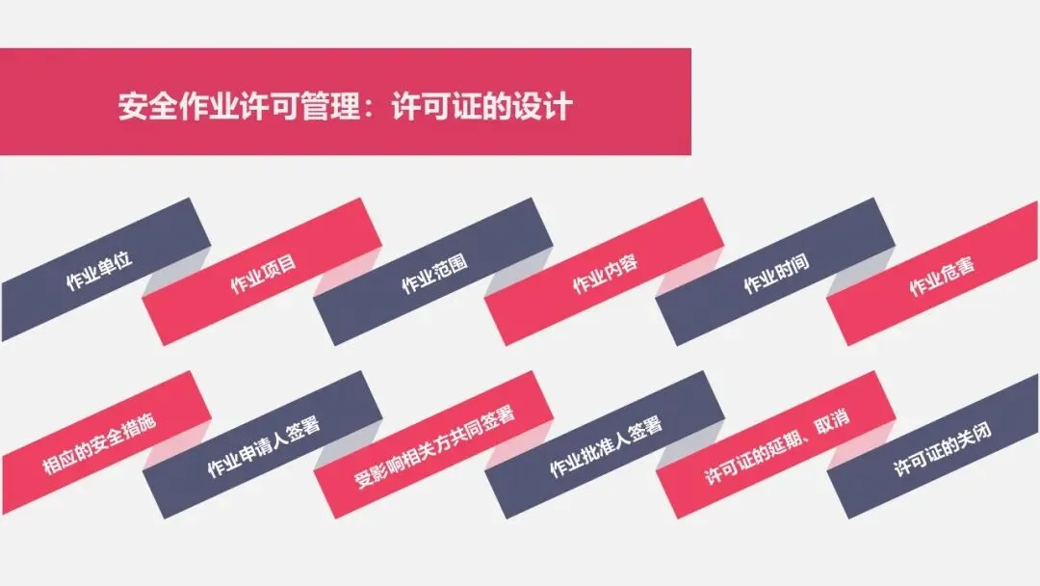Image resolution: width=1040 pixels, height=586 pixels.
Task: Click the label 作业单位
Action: coord(98,270)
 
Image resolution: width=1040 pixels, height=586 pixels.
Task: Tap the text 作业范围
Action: coord(434,273)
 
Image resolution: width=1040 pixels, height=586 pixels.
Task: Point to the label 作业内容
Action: coord(605,272)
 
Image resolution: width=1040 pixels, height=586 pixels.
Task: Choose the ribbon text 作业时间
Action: coord(775,272)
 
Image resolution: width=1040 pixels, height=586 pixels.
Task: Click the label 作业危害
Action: coord(942,274)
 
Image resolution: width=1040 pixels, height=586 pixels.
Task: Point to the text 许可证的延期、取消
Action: coord(776,446)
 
